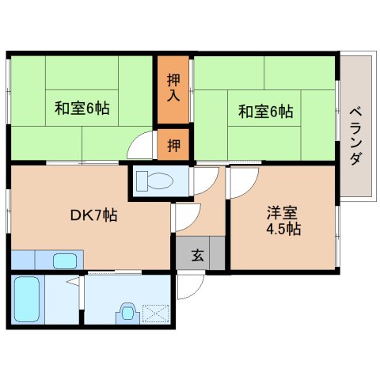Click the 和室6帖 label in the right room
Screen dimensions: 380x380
point(265,112)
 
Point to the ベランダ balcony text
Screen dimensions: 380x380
point(355,135)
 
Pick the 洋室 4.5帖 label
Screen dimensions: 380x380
point(282,221)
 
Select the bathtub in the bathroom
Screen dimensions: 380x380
point(28,299)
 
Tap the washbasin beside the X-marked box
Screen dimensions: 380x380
point(127,313)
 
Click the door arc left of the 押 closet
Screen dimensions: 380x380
point(142,148)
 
